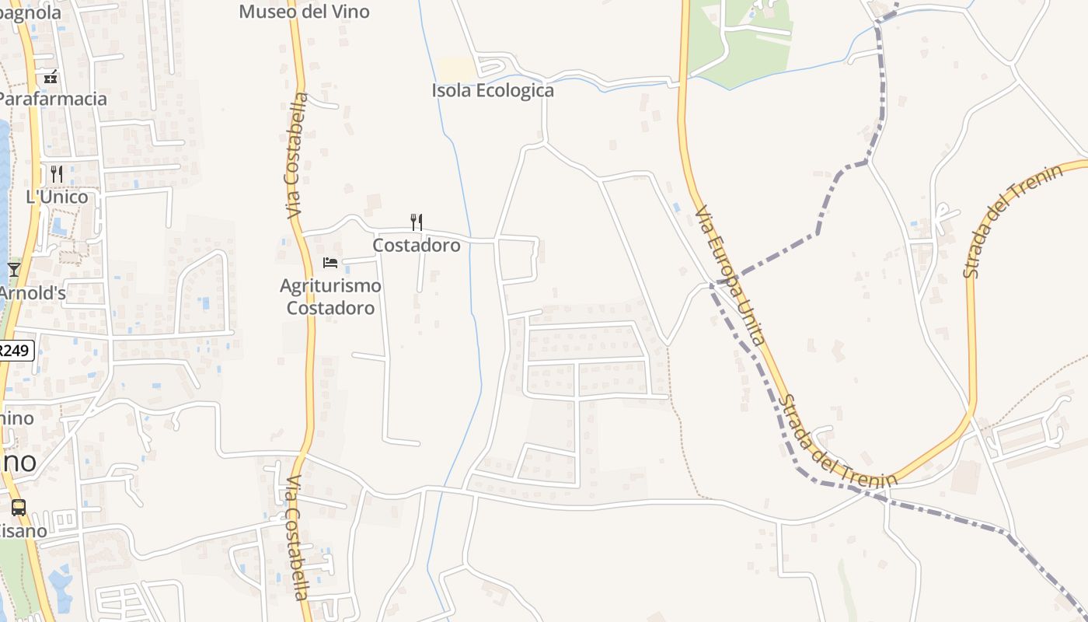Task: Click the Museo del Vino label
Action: pos(304,12)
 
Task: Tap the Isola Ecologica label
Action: pos(493,90)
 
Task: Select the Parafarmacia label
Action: pos(51,99)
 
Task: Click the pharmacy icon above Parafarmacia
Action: pos(51,77)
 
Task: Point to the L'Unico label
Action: pos(57,197)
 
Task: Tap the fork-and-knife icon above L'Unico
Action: pos(57,173)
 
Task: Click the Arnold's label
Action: pos(31,294)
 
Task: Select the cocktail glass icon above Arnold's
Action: pos(14,270)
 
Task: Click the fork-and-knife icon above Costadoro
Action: pos(417,222)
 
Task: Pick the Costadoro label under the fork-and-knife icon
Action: pos(417,245)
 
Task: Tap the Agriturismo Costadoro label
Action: pos(330,296)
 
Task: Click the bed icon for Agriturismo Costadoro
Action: pos(330,263)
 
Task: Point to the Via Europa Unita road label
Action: pos(731,274)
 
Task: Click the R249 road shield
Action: pos(16,351)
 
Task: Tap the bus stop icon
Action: pos(19,508)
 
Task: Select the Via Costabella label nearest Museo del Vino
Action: pos(296,155)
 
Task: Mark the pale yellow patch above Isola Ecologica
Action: pos(457,69)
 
